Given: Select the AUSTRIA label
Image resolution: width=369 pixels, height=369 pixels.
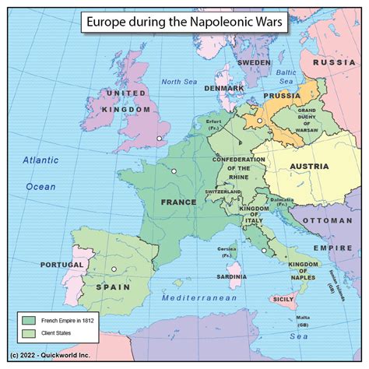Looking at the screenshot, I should pyautogui.click(x=309, y=166).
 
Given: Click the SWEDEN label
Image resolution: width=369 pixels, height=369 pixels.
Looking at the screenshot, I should pyautogui.click(x=254, y=61).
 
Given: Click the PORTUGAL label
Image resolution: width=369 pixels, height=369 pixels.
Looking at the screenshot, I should pyautogui.click(x=61, y=265).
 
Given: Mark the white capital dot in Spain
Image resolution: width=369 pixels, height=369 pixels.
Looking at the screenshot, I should pyautogui.click(x=114, y=270).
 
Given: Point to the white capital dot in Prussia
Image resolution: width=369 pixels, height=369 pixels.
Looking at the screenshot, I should pyautogui.click(x=260, y=121).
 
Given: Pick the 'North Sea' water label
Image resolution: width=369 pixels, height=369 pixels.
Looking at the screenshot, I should pyautogui.click(x=181, y=82).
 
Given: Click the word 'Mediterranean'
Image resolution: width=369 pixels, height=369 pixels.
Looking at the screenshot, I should pyautogui.click(x=199, y=298).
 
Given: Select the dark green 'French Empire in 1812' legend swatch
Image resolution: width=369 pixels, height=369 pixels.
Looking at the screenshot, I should pyautogui.click(x=30, y=320).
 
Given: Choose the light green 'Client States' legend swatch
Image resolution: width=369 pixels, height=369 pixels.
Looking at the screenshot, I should pyautogui.click(x=30, y=332).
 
